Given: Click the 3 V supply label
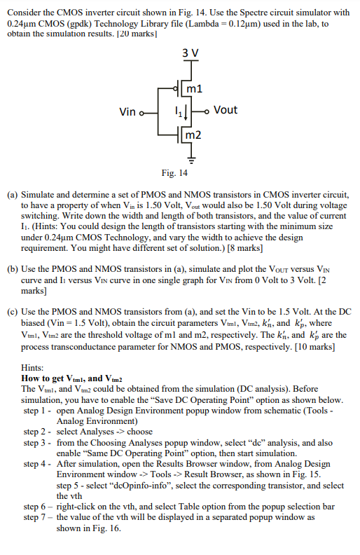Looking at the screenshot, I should pos(190,52).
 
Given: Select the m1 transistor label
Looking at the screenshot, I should pos(195,88).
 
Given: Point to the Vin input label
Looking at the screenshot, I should pos(129,111).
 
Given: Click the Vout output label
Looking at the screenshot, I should pos(226,110).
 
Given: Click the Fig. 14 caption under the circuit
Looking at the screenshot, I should pos(173,172).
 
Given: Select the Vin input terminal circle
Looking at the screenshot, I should pos(143,112).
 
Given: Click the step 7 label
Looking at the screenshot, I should pos(38,518).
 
